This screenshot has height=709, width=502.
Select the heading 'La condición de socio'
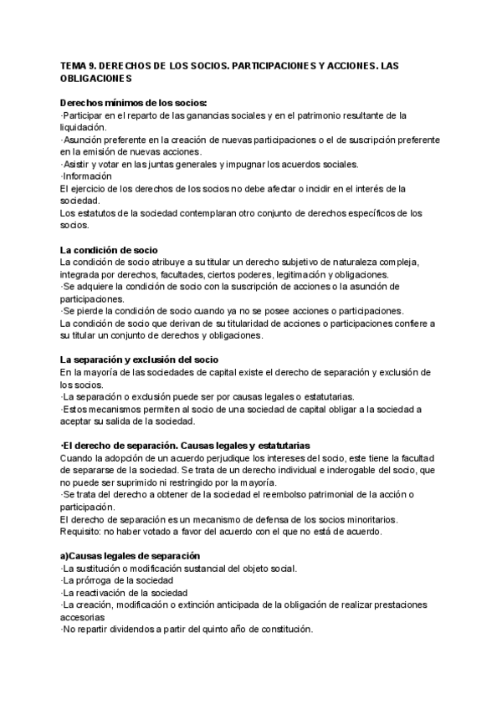[109, 251]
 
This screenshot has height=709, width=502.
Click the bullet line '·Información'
[87, 176]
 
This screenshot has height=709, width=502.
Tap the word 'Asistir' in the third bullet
[79, 164]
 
